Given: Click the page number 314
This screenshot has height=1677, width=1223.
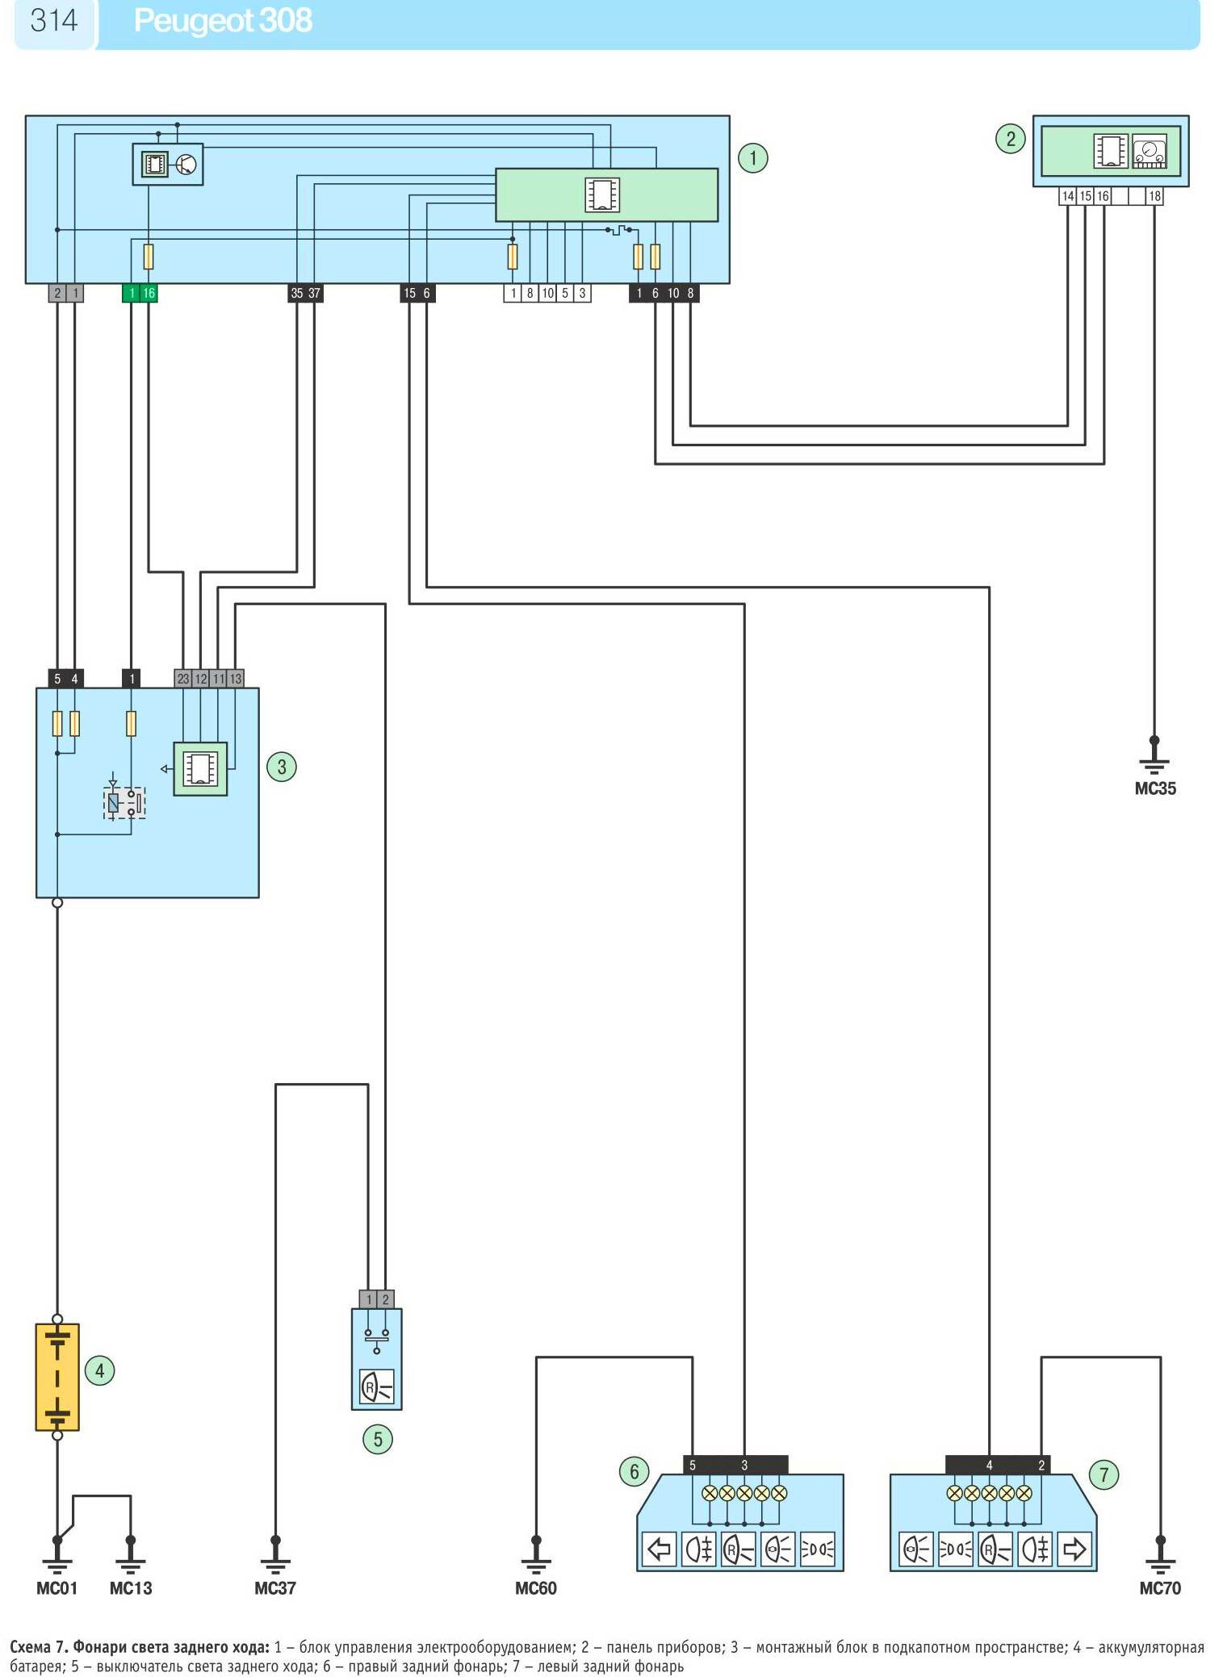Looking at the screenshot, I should (x=53, y=20).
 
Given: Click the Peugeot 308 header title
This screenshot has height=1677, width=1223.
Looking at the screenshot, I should (x=223, y=21).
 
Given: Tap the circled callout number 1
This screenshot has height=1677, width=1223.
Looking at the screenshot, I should (x=752, y=157).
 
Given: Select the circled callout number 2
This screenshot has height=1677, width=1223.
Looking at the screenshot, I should (x=1010, y=139).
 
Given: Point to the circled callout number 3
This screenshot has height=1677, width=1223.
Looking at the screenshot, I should (x=281, y=767).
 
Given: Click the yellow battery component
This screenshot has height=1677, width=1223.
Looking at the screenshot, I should (x=57, y=1377).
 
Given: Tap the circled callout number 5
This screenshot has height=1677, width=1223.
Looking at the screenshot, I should (x=377, y=1439).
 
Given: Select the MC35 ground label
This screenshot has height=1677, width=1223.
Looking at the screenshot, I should (x=1155, y=789).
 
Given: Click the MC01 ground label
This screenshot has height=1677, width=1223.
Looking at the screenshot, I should (x=57, y=1588).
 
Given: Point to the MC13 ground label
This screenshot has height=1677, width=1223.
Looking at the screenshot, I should (x=131, y=1588).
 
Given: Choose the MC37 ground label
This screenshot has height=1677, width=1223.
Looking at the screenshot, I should (x=275, y=1588).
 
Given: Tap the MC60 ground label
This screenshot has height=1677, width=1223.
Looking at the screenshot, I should (x=536, y=1588).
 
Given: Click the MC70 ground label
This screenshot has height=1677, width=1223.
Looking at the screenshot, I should (x=1160, y=1588).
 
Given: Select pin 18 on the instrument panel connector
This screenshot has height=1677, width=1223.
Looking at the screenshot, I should (x=1155, y=196).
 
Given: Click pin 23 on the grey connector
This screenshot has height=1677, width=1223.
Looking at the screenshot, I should (x=183, y=679).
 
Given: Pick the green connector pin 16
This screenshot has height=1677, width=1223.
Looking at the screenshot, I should (x=149, y=293).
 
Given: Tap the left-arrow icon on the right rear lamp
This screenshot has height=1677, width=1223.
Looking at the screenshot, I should (x=660, y=1549).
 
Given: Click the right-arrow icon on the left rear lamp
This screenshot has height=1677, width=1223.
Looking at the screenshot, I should (x=1074, y=1549).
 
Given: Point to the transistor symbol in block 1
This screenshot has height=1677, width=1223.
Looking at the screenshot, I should (x=186, y=165).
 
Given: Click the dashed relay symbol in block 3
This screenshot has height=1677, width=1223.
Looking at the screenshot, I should (x=124, y=802).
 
